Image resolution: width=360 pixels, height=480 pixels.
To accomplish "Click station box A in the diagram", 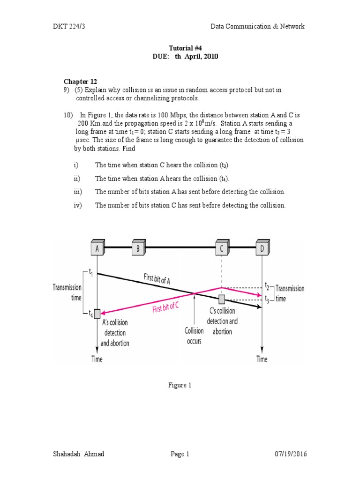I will pyautogui.click(x=97, y=248).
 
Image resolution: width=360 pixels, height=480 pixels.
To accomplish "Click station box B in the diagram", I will pyautogui.click(x=138, y=248).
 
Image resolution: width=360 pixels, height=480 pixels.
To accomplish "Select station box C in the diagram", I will pyautogui.click(x=221, y=248).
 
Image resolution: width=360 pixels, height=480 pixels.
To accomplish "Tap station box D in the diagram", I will pyautogui.click(x=262, y=248).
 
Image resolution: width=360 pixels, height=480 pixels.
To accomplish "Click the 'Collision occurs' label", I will pyautogui.click(x=194, y=336).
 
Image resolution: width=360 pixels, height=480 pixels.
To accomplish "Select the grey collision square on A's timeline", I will pyautogui.click(x=97, y=314).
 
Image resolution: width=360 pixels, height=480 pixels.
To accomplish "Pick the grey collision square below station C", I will pyautogui.click(x=221, y=299).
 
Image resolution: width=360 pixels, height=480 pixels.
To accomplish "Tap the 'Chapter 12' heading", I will pyautogui.click(x=81, y=81).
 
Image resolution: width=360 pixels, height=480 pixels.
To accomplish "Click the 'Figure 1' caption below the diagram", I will pyautogui.click(x=180, y=385).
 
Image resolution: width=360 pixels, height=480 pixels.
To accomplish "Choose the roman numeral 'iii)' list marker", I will pyautogui.click(x=77, y=192).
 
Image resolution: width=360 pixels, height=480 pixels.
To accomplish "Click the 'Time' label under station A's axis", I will pyautogui.click(x=97, y=359).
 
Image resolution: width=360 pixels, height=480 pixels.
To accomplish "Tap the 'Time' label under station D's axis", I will pyautogui.click(x=262, y=359).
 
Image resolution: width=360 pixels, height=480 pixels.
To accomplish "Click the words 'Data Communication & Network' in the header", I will pyautogui.click(x=257, y=26).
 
